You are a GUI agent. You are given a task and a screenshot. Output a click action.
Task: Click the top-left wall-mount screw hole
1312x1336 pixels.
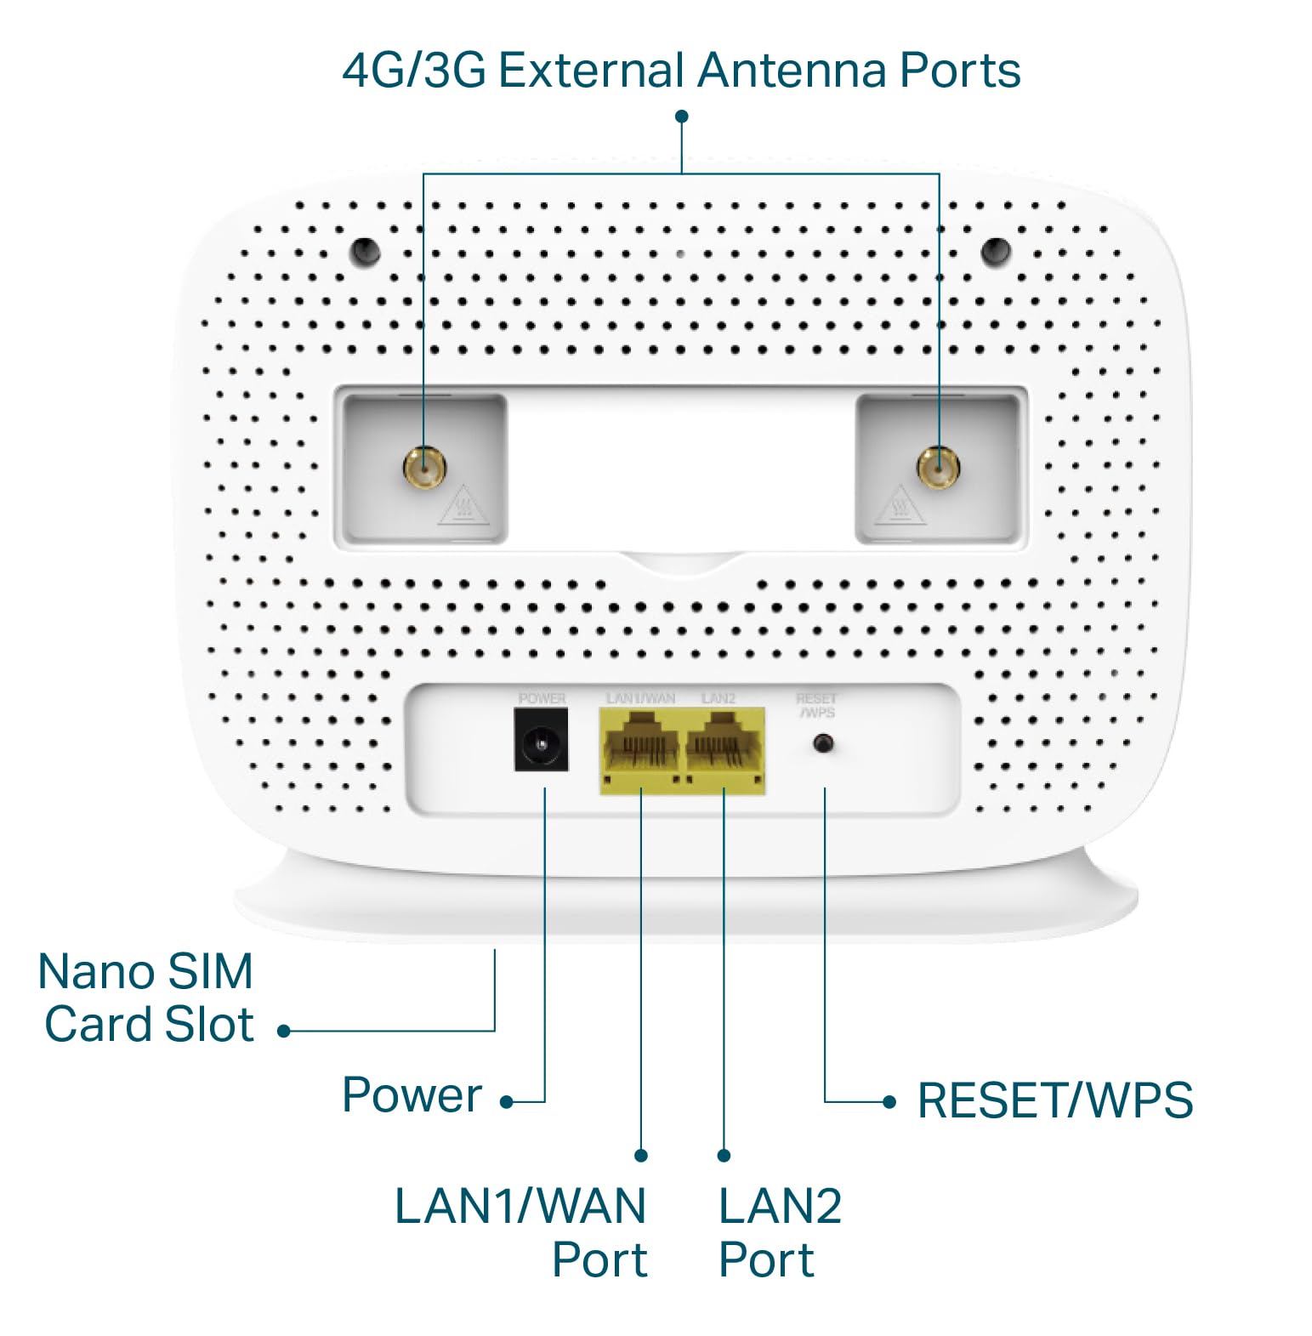point(366,250)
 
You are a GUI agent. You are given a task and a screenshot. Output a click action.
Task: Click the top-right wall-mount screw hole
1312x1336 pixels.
point(996,250)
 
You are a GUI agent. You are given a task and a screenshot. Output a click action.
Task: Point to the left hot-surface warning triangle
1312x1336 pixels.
point(463,507)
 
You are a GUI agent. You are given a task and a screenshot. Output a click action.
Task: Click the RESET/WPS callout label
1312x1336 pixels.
point(1054,1100)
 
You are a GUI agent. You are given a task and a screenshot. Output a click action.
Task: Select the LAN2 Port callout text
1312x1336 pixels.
point(778,1232)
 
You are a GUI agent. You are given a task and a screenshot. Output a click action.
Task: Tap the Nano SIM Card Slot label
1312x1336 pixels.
point(146,998)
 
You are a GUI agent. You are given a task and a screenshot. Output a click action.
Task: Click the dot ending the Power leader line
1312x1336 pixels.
point(507,1102)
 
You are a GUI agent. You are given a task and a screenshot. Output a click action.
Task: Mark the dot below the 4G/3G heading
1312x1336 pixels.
point(681,117)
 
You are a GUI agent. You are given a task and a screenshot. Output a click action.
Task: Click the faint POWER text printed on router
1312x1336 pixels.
point(542,698)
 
